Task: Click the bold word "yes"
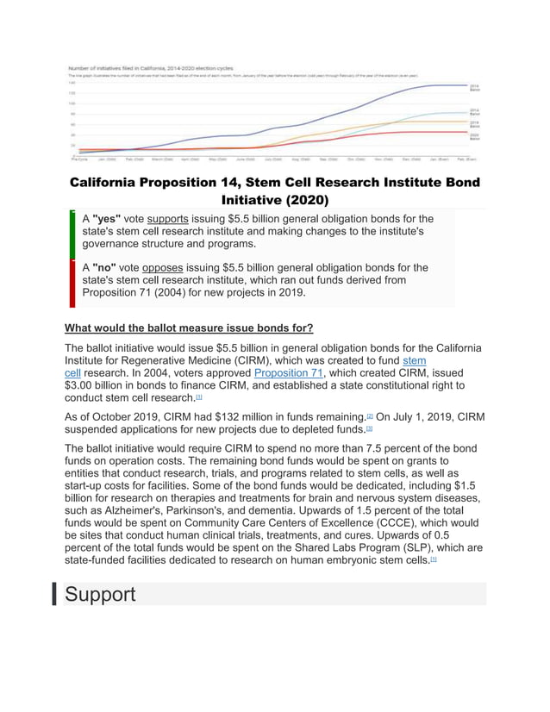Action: pyautogui.click(x=107, y=219)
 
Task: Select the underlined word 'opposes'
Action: pyautogui.click(x=163, y=267)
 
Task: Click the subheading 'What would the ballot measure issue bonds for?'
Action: pyautogui.click(x=189, y=328)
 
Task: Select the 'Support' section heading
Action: pyautogui.click(x=99, y=594)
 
